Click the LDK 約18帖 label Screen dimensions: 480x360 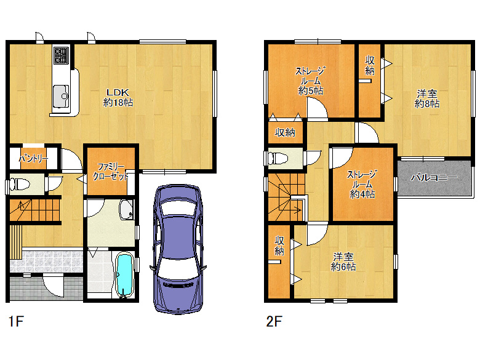click(118, 97)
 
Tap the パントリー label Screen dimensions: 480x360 click(33, 159)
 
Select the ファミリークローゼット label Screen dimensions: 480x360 click(111, 172)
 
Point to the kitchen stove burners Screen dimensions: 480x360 click(62, 55)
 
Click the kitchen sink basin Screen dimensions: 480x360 click(60, 96)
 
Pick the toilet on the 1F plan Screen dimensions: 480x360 click(19, 184)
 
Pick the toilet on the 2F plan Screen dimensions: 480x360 click(278, 158)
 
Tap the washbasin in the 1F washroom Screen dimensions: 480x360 click(126, 210)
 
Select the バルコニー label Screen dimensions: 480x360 click(434, 177)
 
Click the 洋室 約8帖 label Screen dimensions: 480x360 click(427, 98)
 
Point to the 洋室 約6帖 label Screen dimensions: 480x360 click(343, 262)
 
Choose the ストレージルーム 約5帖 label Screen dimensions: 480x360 click(310, 81)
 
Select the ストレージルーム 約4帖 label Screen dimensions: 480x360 click(362, 184)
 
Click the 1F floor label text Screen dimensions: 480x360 click(16, 321)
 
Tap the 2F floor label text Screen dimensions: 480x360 click(274, 321)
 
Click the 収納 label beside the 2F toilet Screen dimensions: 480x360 click(285, 132)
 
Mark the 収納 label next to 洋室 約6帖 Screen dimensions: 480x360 click(279, 246)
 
